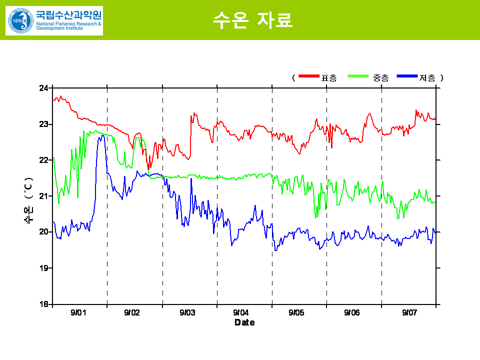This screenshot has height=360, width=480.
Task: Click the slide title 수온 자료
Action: [252, 20]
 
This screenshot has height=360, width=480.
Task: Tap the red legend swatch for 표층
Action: [308, 76]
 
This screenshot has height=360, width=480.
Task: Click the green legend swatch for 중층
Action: [359, 76]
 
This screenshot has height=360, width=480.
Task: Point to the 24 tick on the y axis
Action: [43, 88]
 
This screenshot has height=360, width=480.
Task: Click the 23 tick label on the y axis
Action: [43, 124]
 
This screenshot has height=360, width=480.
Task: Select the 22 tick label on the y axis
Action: [43, 160]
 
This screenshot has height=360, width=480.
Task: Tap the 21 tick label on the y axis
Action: [43, 196]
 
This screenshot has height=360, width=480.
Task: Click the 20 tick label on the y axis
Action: [43, 232]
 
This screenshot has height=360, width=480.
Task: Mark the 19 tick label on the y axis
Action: [43, 268]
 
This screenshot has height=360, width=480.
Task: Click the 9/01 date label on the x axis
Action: [78, 313]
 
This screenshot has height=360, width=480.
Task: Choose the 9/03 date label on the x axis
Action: [187, 313]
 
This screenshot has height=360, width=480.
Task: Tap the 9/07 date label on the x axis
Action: [409, 313]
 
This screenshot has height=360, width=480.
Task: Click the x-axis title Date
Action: [244, 322]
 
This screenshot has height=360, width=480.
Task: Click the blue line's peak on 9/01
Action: [101, 135]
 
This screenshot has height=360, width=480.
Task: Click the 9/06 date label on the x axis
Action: [352, 313]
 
